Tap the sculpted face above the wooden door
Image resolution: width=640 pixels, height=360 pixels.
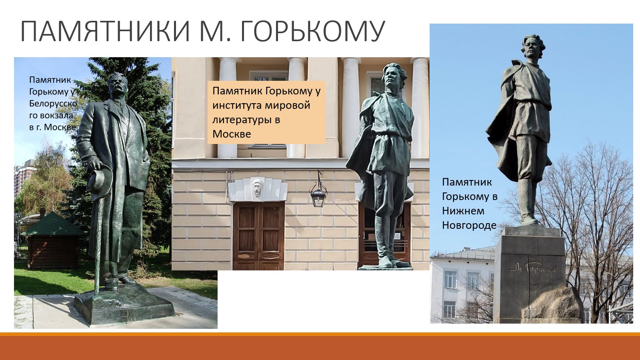258,188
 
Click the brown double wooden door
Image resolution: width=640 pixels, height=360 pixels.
259,236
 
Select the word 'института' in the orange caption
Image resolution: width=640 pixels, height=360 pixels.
237,106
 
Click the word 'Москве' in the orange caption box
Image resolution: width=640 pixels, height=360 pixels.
232,134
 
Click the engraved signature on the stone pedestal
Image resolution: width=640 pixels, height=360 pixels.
533,269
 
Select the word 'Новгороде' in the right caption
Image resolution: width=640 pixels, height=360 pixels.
470,226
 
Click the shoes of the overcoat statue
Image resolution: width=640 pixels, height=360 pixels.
120,283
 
